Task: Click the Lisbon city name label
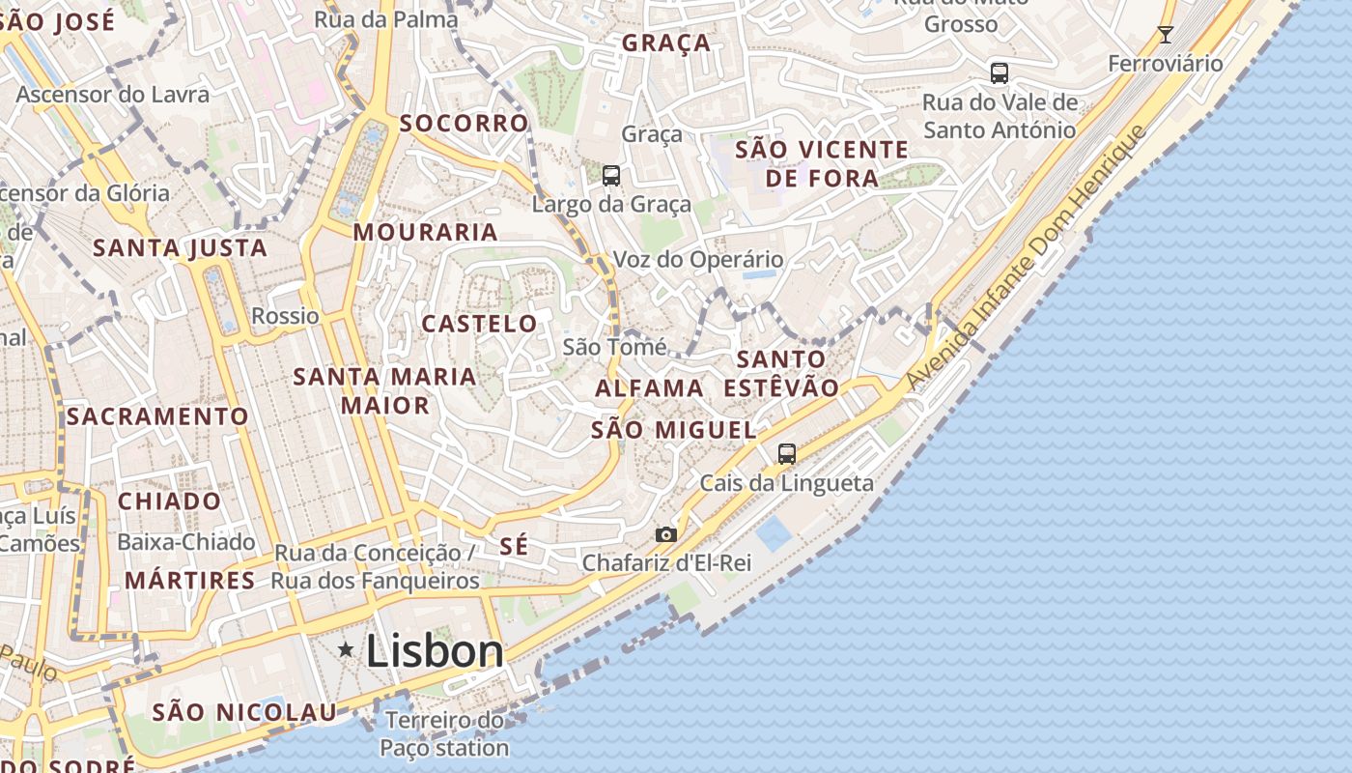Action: coord(435,651)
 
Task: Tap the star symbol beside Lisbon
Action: coord(346,650)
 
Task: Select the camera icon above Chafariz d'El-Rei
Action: coord(665,534)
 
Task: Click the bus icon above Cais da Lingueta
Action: coord(787,453)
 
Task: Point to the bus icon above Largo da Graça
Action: coord(611,175)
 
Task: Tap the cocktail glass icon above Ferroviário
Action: coord(1166,35)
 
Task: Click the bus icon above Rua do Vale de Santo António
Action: coord(1000,72)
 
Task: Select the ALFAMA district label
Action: coord(649,388)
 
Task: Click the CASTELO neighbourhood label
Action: coord(479,324)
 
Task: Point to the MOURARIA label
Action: coord(425,232)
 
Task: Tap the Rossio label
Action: coord(285,316)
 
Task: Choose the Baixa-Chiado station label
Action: coord(186,542)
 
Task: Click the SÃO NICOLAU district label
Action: coord(244,713)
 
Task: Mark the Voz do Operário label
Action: coord(698,260)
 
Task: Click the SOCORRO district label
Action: coord(464,124)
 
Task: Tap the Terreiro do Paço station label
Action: coord(444,734)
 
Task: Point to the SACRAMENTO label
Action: coord(157,416)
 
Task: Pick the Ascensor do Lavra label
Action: coord(113,95)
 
